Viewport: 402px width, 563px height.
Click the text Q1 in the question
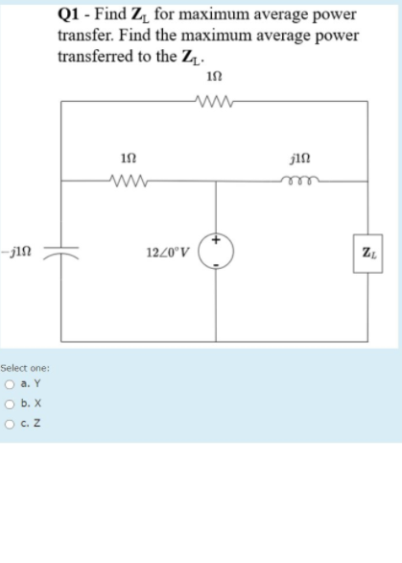click(71, 14)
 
